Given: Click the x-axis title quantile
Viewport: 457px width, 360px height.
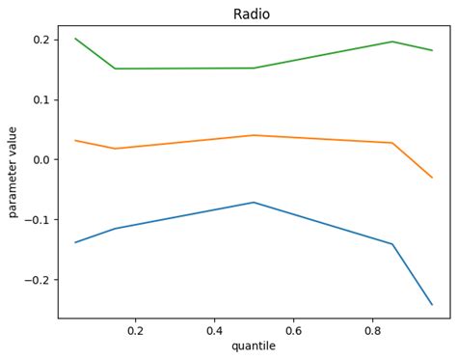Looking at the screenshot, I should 254,346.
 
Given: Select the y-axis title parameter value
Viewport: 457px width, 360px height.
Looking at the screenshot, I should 13,172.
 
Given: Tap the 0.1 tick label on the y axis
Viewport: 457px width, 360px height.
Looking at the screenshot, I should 41,99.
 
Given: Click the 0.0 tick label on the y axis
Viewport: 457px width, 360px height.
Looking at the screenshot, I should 41,159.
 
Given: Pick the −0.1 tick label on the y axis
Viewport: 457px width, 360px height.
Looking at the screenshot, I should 39,220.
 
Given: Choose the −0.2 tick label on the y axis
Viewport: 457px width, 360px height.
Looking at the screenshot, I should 39,280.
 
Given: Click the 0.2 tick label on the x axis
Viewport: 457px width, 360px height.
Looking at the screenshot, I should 135,330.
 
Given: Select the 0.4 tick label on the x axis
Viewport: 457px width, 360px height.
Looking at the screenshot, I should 214,330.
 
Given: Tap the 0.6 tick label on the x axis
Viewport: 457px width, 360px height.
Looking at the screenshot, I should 293,330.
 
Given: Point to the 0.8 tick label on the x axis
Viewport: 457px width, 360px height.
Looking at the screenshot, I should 372,330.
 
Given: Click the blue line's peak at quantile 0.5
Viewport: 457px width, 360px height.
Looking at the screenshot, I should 254,202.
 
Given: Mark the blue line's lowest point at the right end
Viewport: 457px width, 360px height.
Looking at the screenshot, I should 432,305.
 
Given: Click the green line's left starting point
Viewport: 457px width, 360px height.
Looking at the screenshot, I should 75,39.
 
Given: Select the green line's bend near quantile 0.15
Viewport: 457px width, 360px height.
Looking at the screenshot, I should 115,69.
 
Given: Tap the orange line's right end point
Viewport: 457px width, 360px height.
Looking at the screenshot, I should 432,178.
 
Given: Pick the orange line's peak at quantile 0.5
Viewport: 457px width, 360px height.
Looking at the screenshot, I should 254,135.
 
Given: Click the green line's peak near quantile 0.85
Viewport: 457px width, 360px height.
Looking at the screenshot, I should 392,42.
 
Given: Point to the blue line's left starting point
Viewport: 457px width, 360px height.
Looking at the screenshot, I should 75,242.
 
